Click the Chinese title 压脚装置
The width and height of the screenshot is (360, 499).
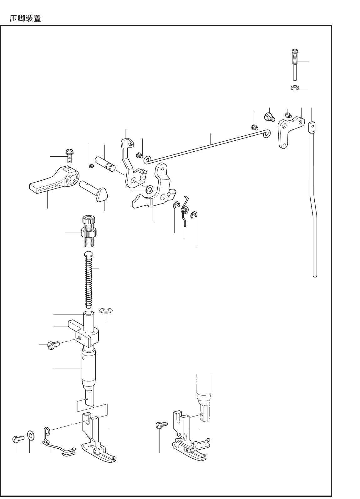(x=25, y=18)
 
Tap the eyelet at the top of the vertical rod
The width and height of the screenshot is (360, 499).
(x=312, y=127)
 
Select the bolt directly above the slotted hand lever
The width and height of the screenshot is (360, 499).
(x=69, y=155)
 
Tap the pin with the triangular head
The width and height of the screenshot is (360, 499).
(x=94, y=191)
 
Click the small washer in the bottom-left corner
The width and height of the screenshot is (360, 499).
(x=31, y=435)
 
